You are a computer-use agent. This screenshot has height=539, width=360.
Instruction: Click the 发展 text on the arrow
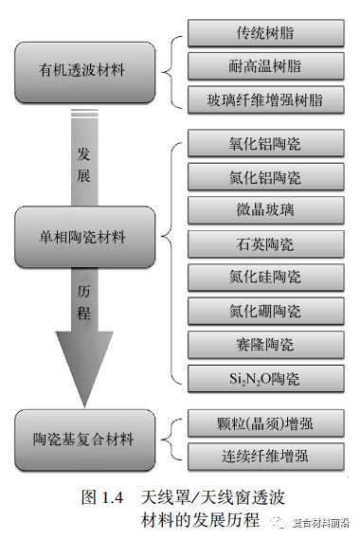point(84,163)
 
